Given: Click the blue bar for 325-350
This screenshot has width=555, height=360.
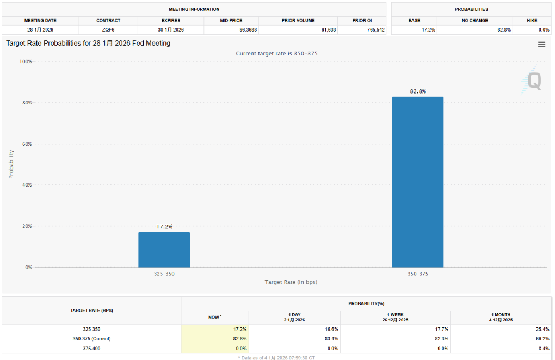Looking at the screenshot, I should point(164,250).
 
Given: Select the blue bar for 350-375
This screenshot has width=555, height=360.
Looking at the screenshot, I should point(417,182).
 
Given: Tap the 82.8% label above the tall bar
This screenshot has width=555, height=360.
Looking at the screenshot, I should point(418,91).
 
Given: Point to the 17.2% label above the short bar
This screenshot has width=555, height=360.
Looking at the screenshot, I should point(164,226).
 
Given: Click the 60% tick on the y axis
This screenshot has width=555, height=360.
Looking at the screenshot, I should point(26,144).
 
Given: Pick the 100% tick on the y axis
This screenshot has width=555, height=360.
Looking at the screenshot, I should point(25,61).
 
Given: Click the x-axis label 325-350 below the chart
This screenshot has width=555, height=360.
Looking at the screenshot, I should point(164,274).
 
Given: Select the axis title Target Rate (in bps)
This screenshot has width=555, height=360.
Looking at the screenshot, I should point(291,282).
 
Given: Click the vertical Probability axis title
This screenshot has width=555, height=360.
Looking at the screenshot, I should point(11,164).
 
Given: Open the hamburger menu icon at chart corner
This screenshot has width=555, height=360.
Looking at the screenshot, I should point(541,45).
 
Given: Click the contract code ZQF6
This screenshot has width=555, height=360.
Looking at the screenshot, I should point(108,29).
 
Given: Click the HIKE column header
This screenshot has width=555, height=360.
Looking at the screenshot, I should point(532,20).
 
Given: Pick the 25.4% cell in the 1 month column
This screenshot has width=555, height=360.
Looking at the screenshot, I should point(542,330).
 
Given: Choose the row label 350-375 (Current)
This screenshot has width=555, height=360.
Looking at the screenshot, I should point(91,339).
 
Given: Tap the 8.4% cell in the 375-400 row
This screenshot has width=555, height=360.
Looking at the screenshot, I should point(544,348).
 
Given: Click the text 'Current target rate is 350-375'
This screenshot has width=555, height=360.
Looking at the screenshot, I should point(276,53).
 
